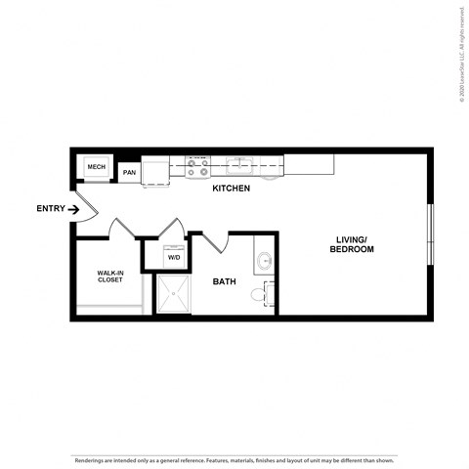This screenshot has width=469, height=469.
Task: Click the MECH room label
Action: [96, 167]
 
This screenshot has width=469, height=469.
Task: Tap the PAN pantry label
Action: [129, 173]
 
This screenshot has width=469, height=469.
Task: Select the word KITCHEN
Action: [232, 188]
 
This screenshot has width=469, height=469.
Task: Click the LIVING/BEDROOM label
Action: [355, 244]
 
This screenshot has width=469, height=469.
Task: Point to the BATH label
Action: [225, 281]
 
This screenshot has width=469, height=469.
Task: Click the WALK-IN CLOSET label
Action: [109, 276]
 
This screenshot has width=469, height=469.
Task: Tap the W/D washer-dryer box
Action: [174, 256]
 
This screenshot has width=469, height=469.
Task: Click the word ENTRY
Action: [50, 208]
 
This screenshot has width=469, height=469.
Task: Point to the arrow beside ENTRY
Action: [73, 208]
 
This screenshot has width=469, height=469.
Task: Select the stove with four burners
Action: [198, 166]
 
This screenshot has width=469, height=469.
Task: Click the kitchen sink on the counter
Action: [240, 164]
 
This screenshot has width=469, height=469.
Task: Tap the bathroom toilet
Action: [261, 292]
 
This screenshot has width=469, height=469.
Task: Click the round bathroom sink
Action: [265, 261]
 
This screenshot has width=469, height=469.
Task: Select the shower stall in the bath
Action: [174, 294]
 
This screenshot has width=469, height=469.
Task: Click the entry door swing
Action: [85, 207]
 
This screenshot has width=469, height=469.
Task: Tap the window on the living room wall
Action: [430, 234]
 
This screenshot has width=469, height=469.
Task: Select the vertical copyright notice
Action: [460, 54]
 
